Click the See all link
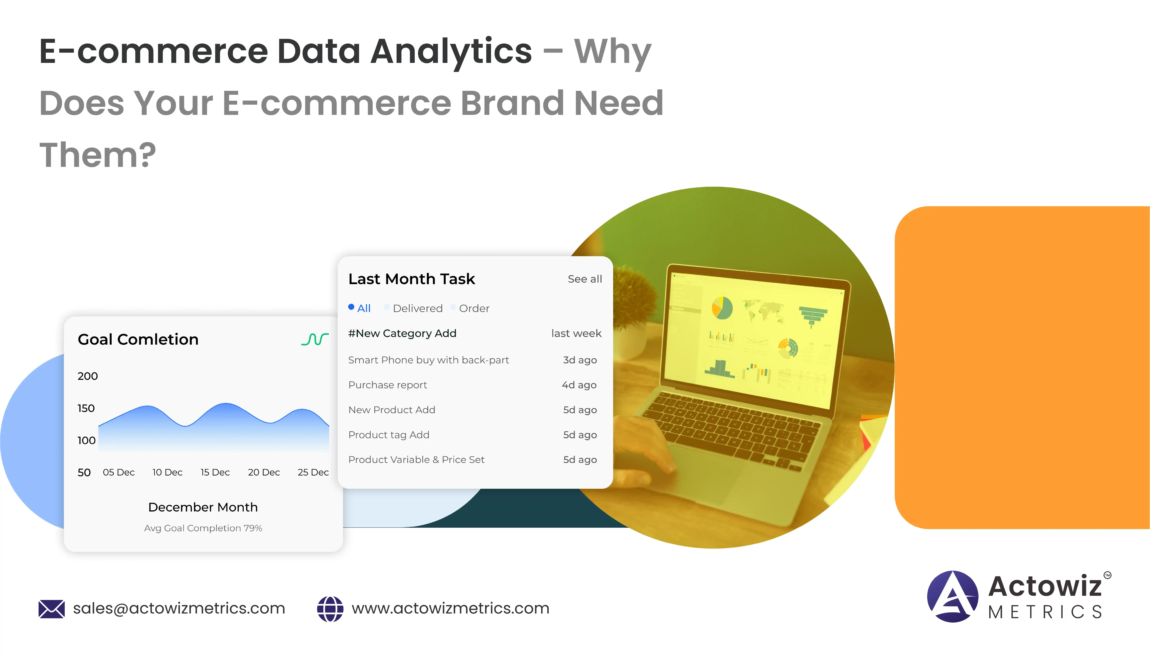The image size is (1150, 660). pos(585,279)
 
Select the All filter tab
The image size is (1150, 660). pos(364,308)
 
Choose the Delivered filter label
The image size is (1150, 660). pos(418,308)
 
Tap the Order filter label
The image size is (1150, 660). pos(474,308)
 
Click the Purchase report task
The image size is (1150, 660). pos(388,385)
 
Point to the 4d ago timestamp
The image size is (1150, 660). pos(579,385)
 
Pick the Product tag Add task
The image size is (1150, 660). pos(388,435)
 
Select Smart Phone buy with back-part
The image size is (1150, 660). pos(428,360)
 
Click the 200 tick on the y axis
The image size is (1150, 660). pos(87,376)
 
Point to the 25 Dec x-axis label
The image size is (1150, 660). pos(313,472)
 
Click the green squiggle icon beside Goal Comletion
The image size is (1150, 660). pos(315,339)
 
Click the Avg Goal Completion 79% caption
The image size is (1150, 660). pos(203,528)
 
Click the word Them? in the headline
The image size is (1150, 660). pos(97,155)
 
